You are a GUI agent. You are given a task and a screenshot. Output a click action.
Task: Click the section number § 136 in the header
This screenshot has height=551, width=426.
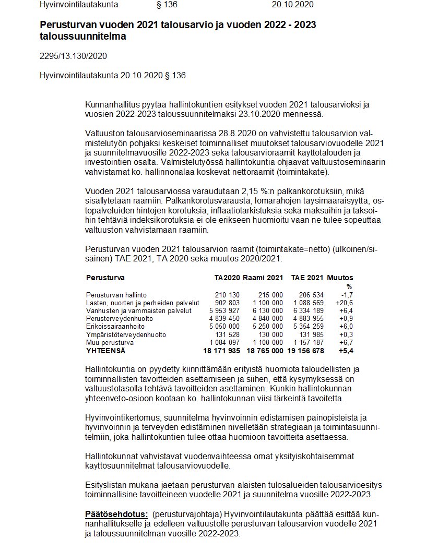[x=167, y=5]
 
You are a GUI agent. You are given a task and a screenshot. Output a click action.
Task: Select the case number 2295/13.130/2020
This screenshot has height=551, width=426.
[x=73, y=56]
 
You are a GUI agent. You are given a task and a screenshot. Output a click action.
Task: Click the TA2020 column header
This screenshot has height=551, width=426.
[x=227, y=278]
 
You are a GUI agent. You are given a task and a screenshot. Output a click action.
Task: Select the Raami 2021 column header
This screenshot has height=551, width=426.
[x=263, y=278]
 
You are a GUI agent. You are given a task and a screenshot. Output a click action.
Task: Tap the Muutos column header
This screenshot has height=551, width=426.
[x=340, y=278]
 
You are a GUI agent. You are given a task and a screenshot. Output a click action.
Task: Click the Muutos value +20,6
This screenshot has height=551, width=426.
[x=343, y=303]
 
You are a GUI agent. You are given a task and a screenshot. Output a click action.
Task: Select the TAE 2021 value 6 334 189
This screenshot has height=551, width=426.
[x=309, y=311]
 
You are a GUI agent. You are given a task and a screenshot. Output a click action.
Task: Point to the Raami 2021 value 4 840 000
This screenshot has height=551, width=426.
[x=268, y=319]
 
